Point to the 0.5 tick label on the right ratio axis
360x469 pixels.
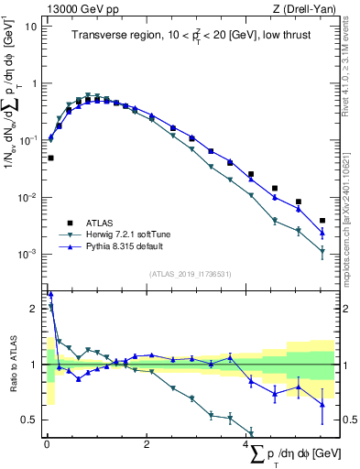(348, 420)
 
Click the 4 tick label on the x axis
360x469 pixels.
(246, 444)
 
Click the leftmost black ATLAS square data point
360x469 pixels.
(51, 158)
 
